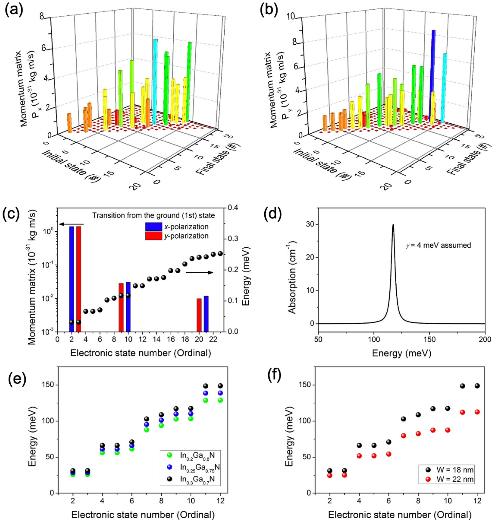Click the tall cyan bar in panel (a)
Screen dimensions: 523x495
pyautogui.click(x=155, y=82)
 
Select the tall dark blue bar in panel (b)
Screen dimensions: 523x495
pyautogui.click(x=433, y=74)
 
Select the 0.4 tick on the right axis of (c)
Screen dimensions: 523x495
pyautogui.click(x=232, y=208)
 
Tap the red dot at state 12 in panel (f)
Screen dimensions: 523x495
pyautogui.click(x=477, y=419)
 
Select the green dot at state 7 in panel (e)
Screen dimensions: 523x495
pyautogui.click(x=147, y=430)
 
